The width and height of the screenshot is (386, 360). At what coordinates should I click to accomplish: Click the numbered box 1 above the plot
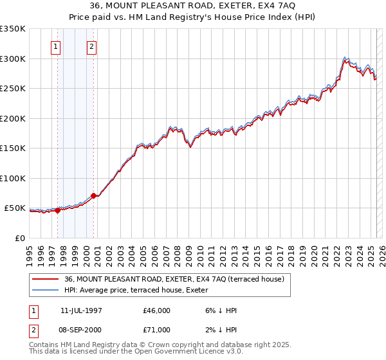(55, 46)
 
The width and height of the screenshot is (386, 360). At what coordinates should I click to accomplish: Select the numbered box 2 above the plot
(91, 46)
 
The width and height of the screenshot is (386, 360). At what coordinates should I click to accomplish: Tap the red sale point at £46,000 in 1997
(58, 210)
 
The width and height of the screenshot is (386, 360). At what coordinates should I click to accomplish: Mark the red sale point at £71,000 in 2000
(94, 195)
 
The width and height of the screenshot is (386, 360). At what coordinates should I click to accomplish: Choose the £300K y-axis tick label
(12, 59)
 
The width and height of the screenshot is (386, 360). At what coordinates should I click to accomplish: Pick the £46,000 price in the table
(157, 310)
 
